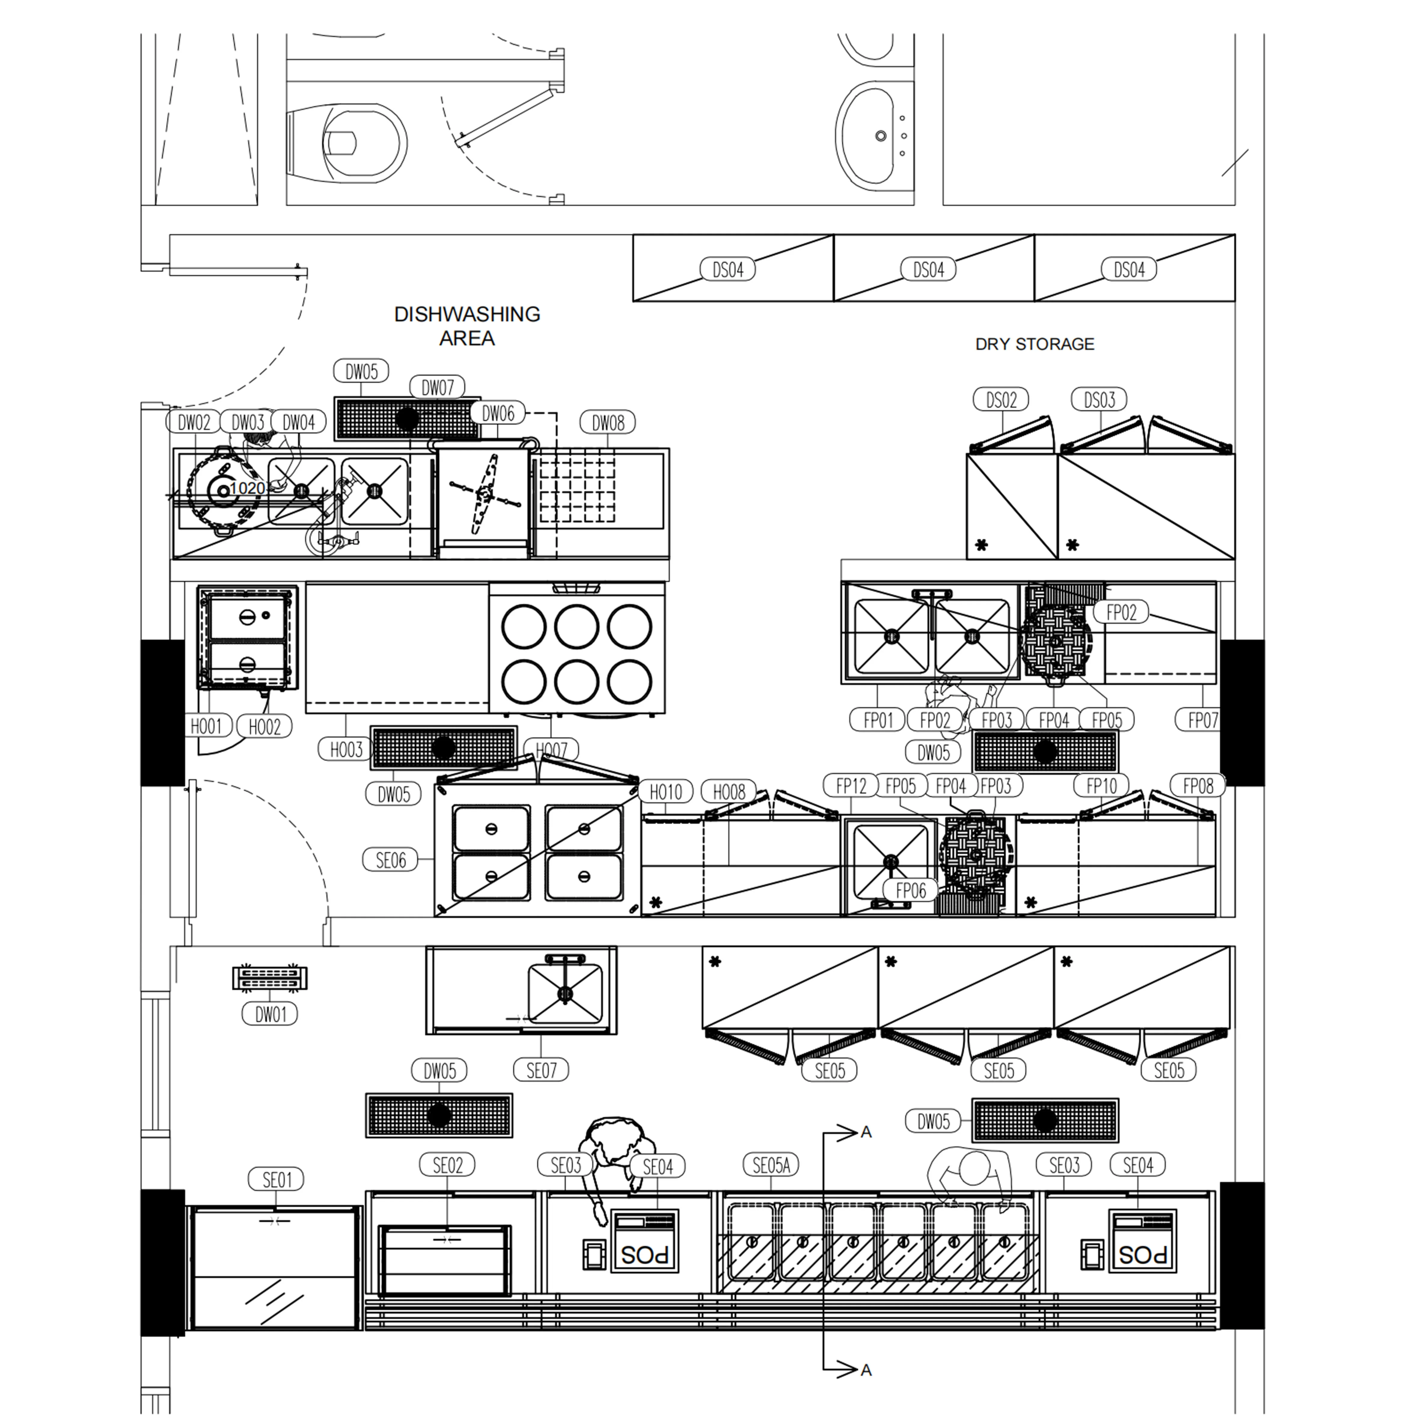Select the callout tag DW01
tap(270, 1014)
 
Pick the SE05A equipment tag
tap(771, 1165)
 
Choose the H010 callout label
tap(665, 791)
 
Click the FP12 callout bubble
tap(851, 786)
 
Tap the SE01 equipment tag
tap(277, 1180)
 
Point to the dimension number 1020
tap(247, 488)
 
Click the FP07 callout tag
tap(1202, 720)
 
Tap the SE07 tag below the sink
tap(542, 1070)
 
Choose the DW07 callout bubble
tap(437, 387)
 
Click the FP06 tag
tap(911, 890)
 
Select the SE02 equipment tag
tap(448, 1165)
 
